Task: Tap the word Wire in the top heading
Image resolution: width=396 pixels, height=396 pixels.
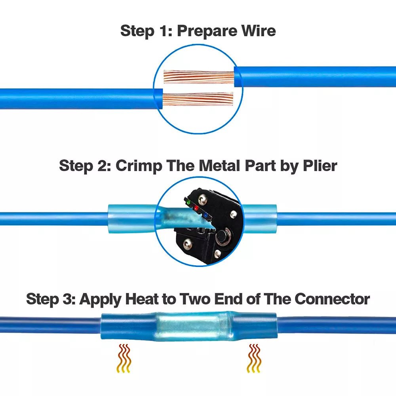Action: pyautogui.click(x=256, y=30)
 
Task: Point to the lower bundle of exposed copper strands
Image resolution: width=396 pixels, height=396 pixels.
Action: pyautogui.click(x=198, y=99)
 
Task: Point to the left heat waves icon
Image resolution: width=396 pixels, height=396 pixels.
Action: pyautogui.click(x=124, y=358)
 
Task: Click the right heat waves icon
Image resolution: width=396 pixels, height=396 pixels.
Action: pyautogui.click(x=254, y=358)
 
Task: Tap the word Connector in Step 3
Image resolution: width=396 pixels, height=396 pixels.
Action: pyautogui.click(x=332, y=299)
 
